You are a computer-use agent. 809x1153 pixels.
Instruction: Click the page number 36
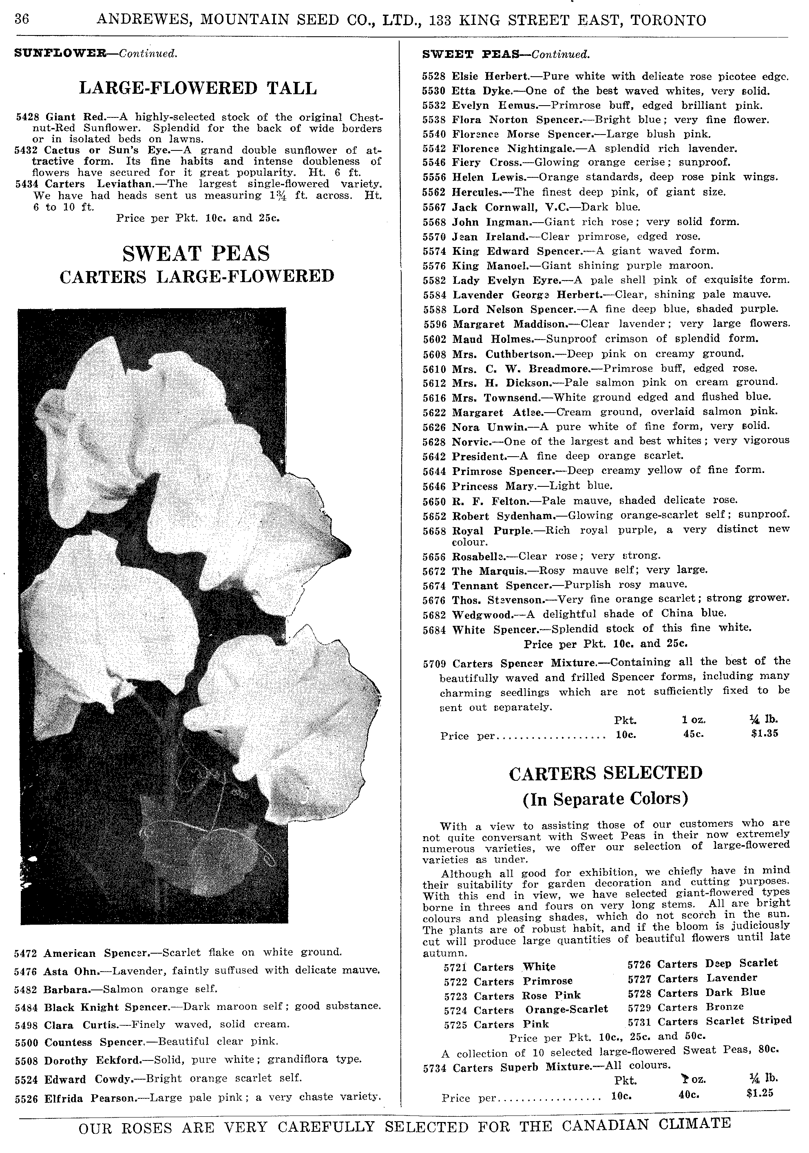point(22,20)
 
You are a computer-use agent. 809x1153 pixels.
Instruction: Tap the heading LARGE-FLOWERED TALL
point(198,88)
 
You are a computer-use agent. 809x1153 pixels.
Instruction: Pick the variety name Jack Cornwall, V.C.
point(512,206)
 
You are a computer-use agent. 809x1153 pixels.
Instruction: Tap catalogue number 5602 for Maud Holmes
point(435,339)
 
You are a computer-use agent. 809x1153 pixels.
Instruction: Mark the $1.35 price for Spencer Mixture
point(764,733)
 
